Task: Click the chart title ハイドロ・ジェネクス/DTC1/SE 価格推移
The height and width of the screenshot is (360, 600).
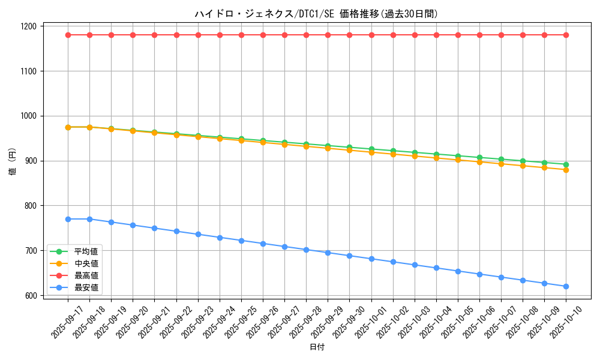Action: pyautogui.click(x=316, y=14)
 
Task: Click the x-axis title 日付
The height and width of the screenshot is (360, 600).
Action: pyautogui.click(x=316, y=347)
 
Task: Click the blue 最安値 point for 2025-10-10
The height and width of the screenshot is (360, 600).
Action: pyautogui.click(x=566, y=286)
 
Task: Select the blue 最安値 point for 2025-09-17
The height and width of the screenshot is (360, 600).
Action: pyautogui.click(x=68, y=219)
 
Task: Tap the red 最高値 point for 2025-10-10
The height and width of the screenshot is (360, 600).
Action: pyautogui.click(x=566, y=35)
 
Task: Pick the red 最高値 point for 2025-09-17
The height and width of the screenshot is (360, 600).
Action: pyautogui.click(x=68, y=35)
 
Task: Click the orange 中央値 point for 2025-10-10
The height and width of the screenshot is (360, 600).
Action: pyautogui.click(x=566, y=170)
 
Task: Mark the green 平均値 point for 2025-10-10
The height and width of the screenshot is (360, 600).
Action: pyautogui.click(x=566, y=164)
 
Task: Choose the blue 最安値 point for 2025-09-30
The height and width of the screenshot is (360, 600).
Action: pyautogui.click(x=349, y=256)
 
